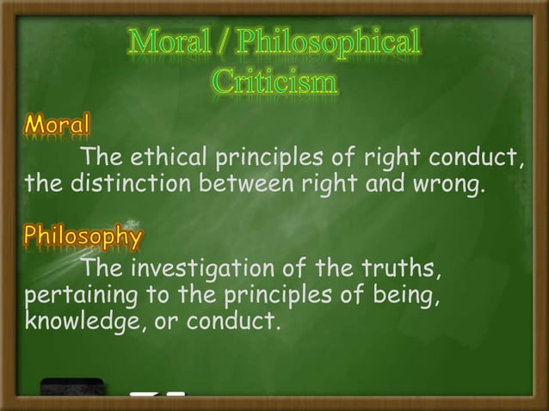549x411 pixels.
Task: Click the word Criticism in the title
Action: click(x=274, y=83)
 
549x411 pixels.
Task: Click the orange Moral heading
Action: click(x=57, y=126)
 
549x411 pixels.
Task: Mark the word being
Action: click(x=410, y=297)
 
